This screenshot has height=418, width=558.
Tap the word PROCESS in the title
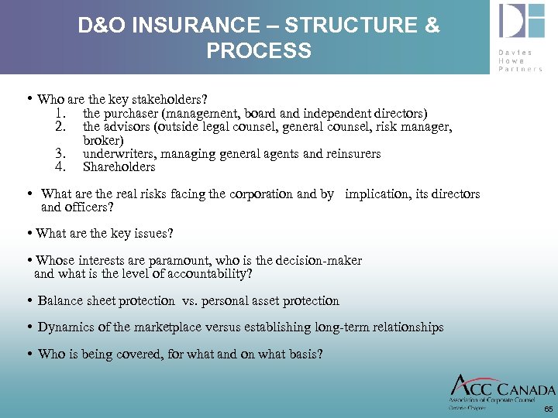tap(259, 51)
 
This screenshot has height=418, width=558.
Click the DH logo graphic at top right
tap(522, 21)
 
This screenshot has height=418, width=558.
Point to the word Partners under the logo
tap(521, 68)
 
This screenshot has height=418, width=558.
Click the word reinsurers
tap(353, 154)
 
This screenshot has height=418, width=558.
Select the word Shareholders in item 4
tap(119, 167)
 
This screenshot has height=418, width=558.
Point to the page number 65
tap(548, 409)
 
